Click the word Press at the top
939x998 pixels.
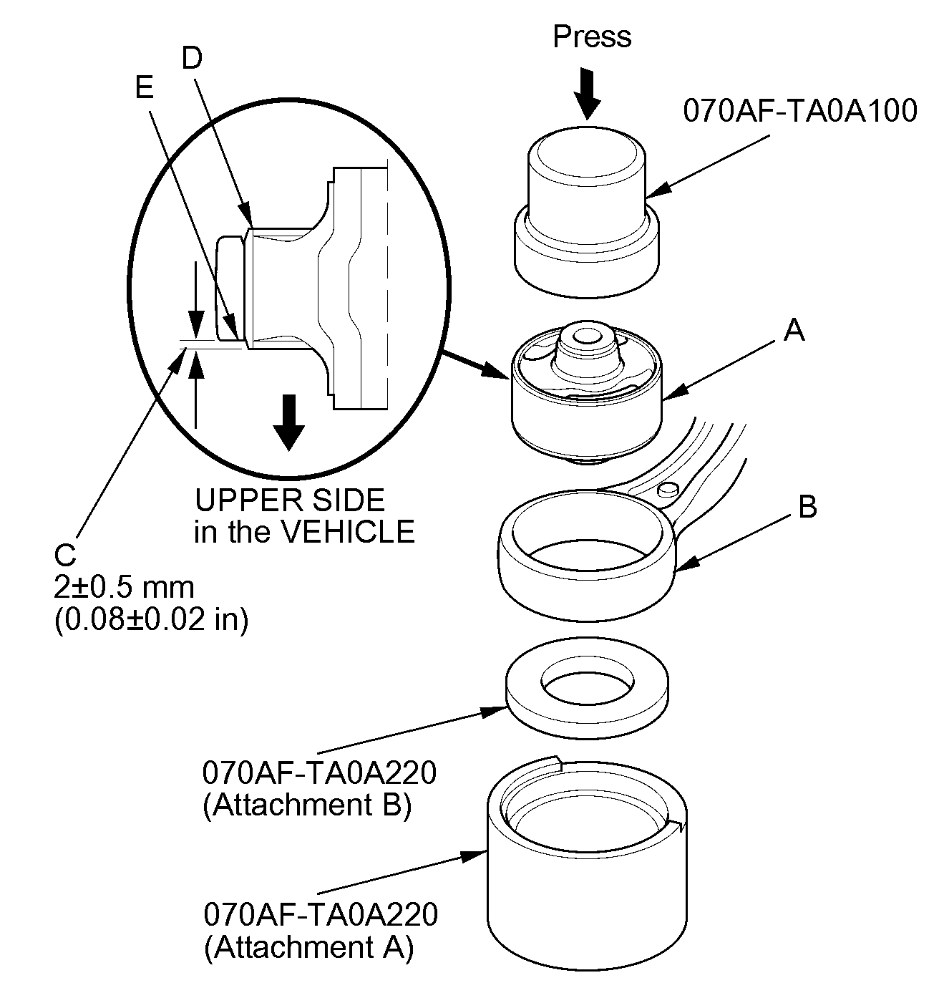click(592, 37)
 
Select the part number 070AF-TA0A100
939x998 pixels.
click(799, 112)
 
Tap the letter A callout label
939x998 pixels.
click(794, 331)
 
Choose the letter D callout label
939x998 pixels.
click(192, 59)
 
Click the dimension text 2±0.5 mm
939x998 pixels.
click(124, 587)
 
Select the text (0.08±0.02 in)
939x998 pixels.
click(151, 619)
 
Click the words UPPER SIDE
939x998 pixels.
click(290, 500)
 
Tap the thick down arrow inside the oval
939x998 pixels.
click(288, 422)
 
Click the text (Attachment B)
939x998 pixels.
click(307, 805)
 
